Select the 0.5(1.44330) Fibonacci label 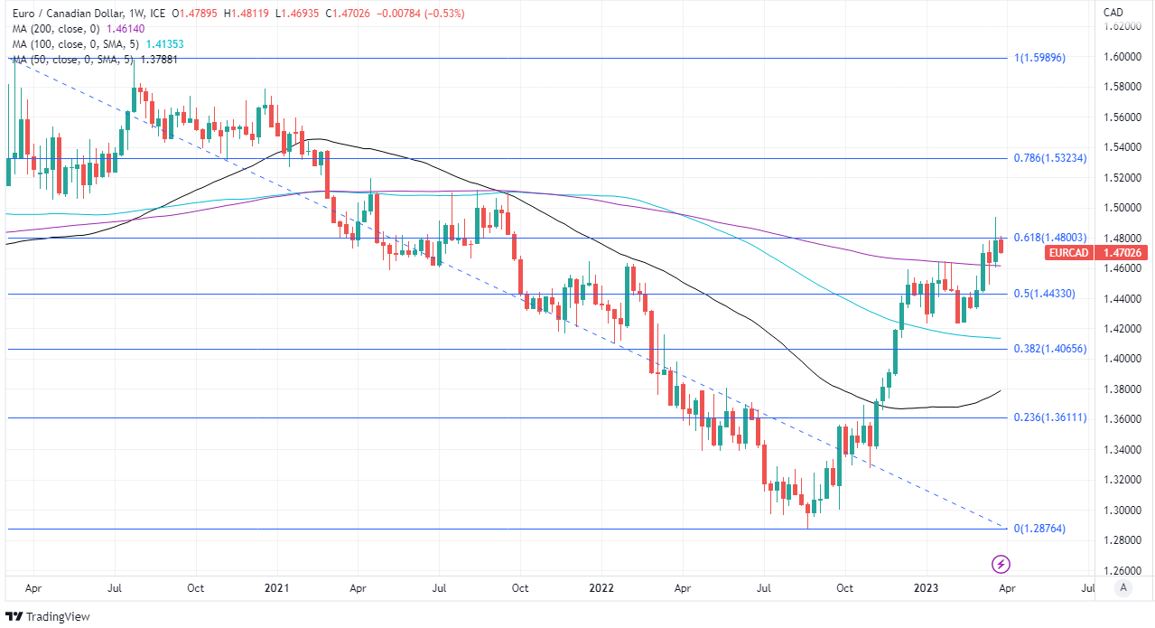pos(1044,295)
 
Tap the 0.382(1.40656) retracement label pos(1049,349)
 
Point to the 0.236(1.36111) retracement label pos(1049,417)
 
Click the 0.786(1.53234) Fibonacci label pos(1049,158)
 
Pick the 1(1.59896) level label pos(1040,58)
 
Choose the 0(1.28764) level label pos(1040,529)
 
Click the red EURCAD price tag pos(1068,253)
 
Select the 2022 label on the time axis pos(601,588)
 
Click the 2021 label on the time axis pos(276,588)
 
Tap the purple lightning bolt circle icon pos(1001,565)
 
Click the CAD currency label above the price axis pos(1113,12)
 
